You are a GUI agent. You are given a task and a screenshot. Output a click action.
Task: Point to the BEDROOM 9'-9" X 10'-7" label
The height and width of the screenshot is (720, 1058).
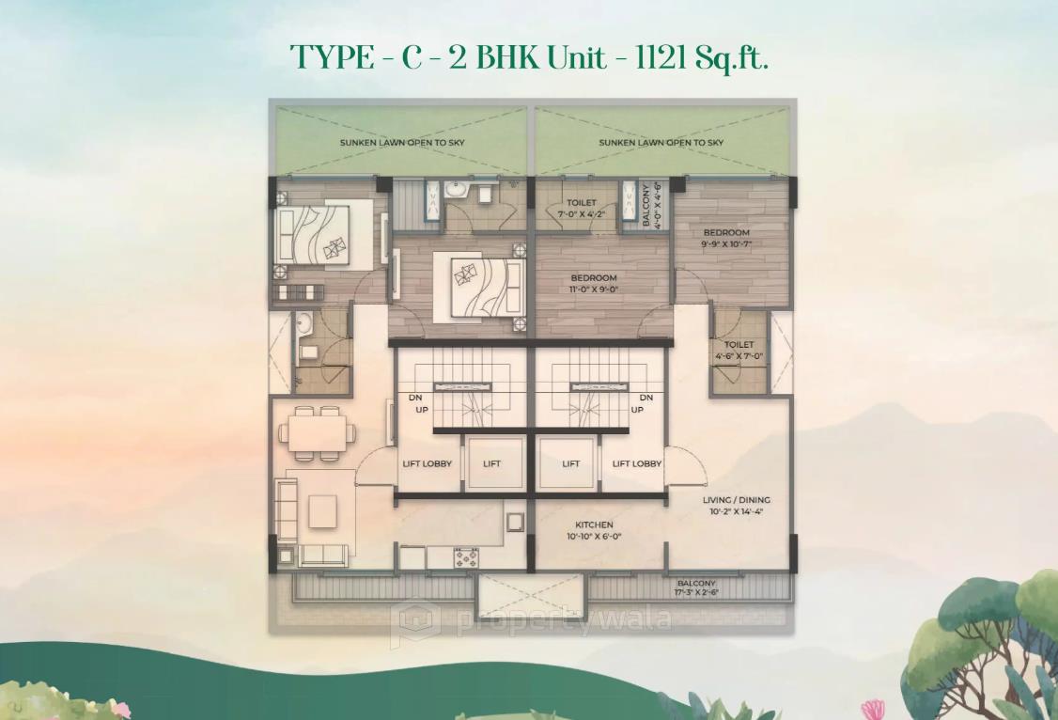tap(726, 238)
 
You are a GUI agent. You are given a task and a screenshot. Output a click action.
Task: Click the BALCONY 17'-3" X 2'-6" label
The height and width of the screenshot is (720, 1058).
tap(696, 588)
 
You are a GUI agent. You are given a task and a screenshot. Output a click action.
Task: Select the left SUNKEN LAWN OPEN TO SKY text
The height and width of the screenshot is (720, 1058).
tap(402, 143)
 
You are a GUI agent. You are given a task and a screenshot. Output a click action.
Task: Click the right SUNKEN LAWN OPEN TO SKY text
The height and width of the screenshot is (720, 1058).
tap(661, 143)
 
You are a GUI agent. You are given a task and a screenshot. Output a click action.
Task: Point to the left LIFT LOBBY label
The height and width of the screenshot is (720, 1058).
tap(425, 463)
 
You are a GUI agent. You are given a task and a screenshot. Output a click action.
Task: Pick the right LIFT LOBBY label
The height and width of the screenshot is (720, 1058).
tap(637, 463)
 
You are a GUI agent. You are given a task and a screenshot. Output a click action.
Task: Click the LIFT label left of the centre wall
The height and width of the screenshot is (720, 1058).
tap(492, 463)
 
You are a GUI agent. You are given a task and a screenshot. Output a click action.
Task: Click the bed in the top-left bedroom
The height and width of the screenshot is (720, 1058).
tap(314, 235)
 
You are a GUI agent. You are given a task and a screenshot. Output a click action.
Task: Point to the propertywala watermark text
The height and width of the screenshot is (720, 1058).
tap(531, 620)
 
